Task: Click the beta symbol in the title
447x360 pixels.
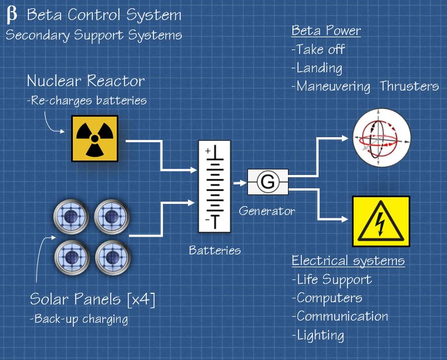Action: (x=12, y=15)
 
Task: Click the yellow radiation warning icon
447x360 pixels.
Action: (x=95, y=138)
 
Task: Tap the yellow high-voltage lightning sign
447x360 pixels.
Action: (x=381, y=221)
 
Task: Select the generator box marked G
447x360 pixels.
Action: (x=268, y=182)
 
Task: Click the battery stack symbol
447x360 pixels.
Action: (x=215, y=186)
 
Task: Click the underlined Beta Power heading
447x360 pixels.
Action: (x=326, y=31)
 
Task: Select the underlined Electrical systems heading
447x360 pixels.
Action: (x=348, y=261)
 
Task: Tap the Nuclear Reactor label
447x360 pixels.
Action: (x=86, y=81)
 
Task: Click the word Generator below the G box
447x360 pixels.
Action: (x=267, y=211)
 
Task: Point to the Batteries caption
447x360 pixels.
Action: (x=215, y=250)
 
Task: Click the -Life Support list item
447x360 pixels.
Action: (x=331, y=279)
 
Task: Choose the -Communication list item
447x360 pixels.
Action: (x=340, y=316)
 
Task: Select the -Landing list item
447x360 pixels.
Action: (x=316, y=68)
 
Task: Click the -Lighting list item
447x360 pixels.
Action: (x=317, y=335)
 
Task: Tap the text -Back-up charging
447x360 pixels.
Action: (x=79, y=319)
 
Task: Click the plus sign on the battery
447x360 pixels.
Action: (x=207, y=151)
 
